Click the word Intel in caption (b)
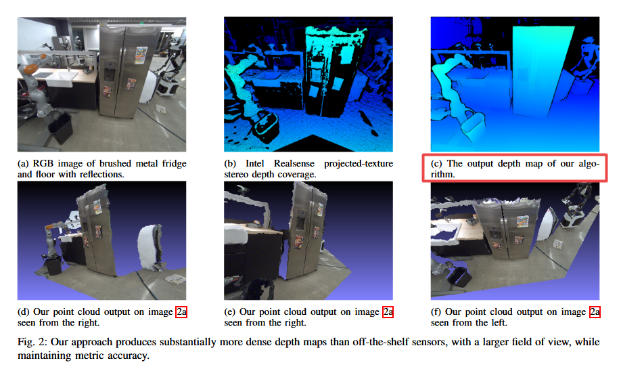[x=254, y=164]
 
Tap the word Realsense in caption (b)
[x=294, y=164]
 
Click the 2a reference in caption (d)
[x=181, y=312]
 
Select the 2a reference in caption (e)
[x=388, y=312]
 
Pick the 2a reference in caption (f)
[x=595, y=312]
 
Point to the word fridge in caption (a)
[x=174, y=164]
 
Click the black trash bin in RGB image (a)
[x=61, y=128]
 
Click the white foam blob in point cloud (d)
[x=149, y=247]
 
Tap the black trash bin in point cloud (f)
[x=459, y=278]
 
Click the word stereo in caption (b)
[x=237, y=174]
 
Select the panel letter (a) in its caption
[x=24, y=164]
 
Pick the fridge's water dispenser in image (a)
[x=110, y=72]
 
